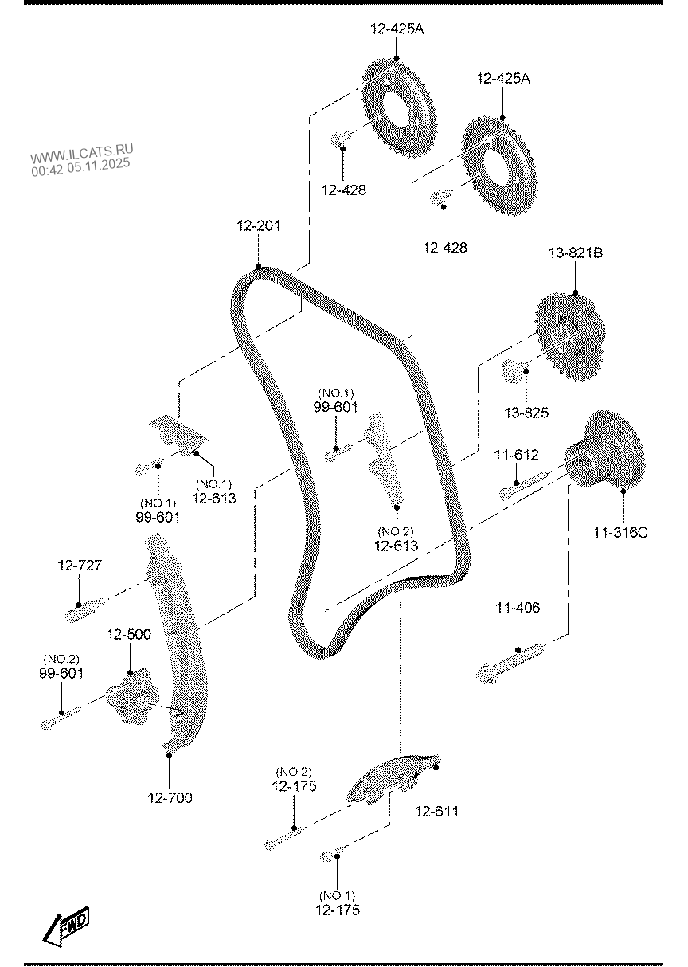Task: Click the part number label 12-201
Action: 258,227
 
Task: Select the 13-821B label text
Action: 575,253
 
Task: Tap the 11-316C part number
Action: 620,532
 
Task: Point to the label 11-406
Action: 518,608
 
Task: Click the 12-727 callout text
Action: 80,566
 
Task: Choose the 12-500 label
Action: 129,635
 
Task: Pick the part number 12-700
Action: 170,797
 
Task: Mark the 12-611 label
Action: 436,811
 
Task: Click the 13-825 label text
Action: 526,413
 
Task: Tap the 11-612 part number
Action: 516,456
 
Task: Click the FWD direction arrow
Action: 66,926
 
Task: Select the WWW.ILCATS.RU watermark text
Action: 82,152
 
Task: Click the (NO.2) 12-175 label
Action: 294,779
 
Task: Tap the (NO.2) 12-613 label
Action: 396,538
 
